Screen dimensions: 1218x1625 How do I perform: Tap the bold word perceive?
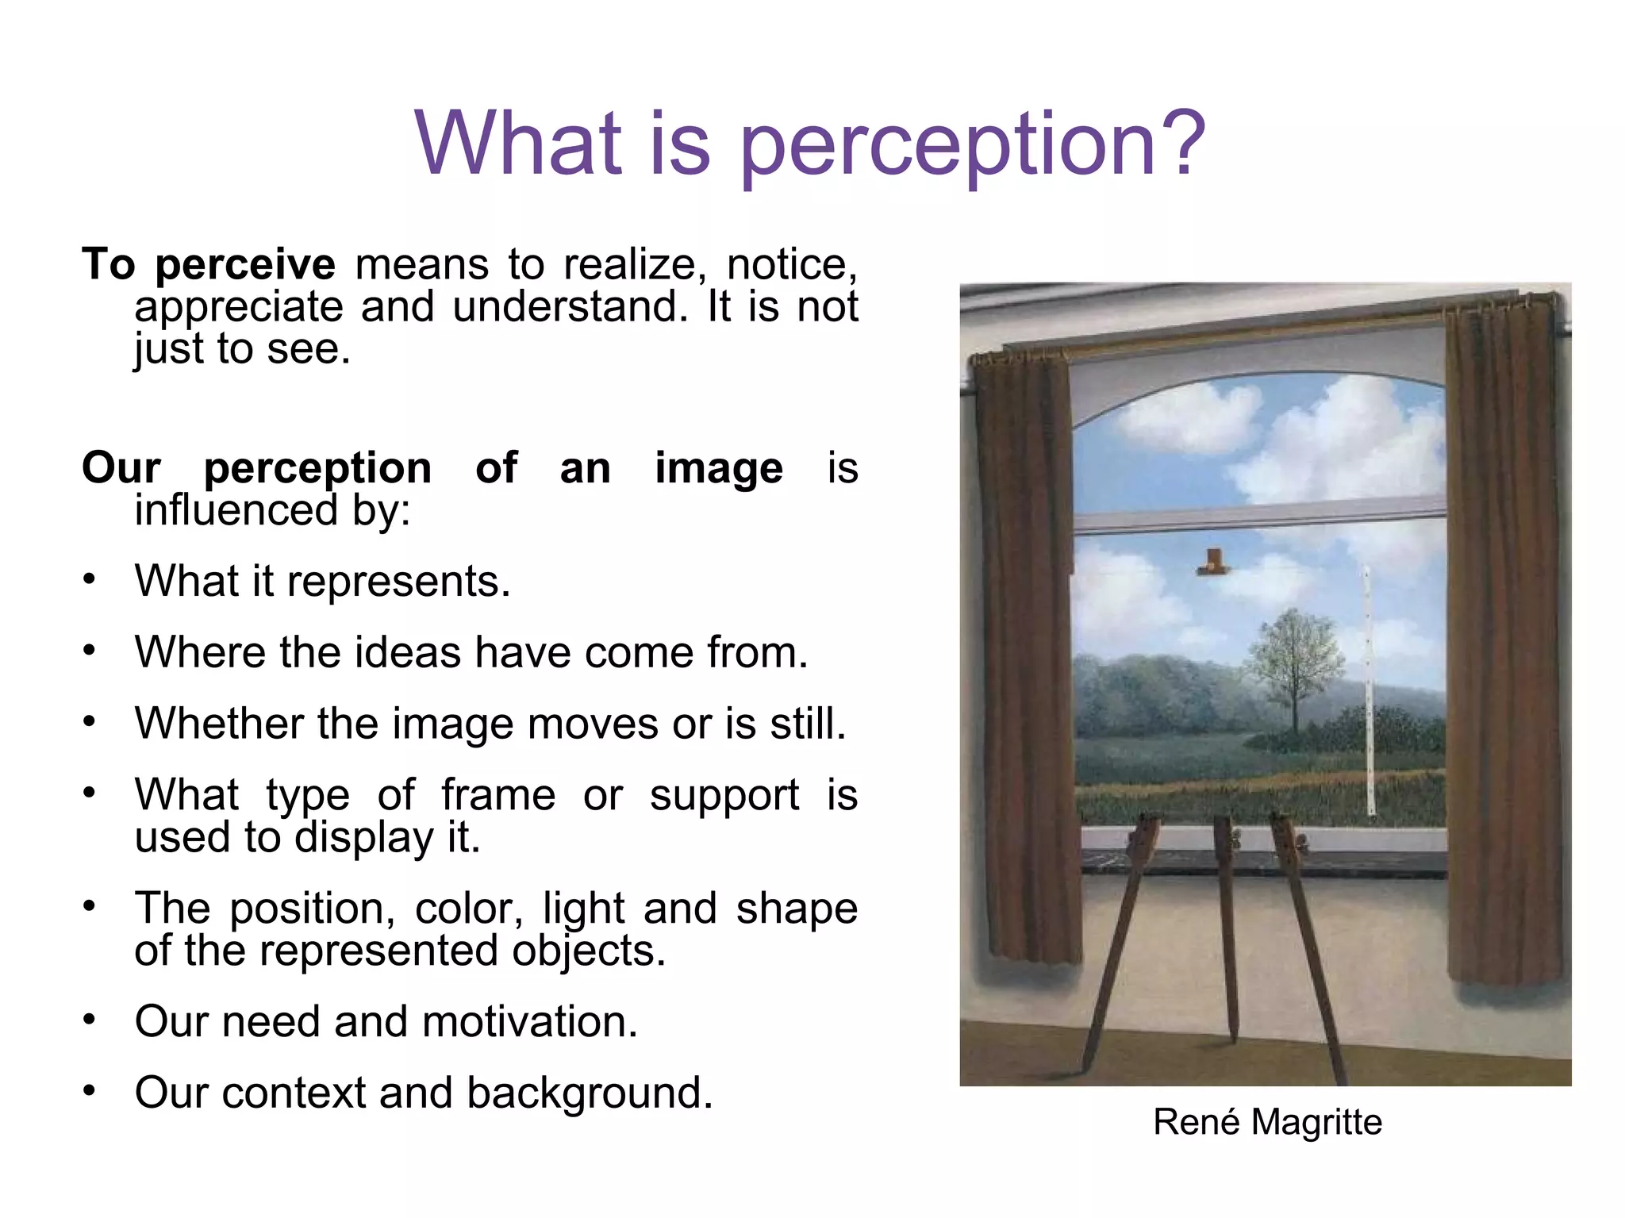pos(245,265)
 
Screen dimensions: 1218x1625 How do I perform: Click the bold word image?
pos(718,468)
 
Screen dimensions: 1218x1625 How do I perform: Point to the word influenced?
pos(236,510)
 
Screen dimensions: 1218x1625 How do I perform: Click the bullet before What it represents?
pos(90,580)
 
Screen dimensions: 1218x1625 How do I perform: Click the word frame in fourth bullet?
pos(498,795)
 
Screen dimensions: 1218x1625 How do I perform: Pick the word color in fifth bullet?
pos(467,909)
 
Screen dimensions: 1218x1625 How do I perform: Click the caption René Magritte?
pos(1267,1122)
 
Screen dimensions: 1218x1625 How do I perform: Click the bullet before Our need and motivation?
pos(90,1020)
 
